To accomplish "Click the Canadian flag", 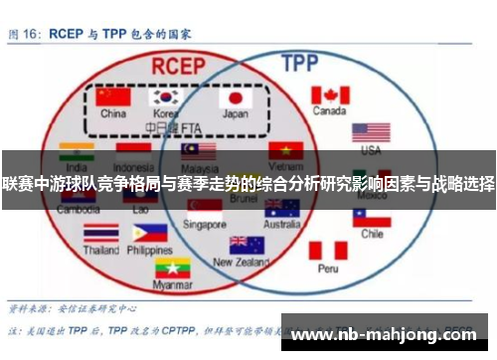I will coord(329,94).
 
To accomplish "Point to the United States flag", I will coord(370,132).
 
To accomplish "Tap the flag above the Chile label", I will coord(372,216).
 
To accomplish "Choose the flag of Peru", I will coord(327,250).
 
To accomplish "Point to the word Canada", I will coord(329,111).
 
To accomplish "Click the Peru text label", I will coord(328,268).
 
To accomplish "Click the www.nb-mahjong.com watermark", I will coord(392,334).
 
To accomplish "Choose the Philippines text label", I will coord(150,251).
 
